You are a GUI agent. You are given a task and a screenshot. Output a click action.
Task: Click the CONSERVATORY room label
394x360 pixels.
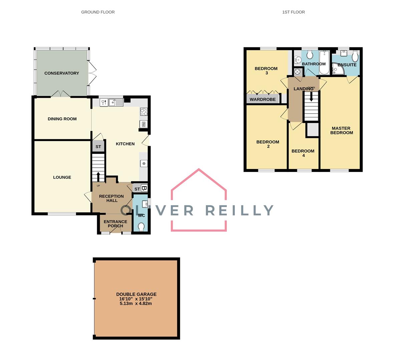(62, 73)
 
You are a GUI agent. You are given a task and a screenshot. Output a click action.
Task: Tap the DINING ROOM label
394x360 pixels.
(62, 119)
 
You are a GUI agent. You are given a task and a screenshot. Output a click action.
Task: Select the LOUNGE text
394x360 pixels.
(62, 177)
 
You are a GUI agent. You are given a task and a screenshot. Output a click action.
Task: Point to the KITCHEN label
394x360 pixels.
(125, 144)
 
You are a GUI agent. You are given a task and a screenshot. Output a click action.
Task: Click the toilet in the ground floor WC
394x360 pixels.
(141, 227)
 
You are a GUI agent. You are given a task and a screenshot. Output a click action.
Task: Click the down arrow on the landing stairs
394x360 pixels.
(311, 97)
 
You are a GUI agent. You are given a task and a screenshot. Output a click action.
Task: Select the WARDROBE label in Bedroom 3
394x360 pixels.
(263, 99)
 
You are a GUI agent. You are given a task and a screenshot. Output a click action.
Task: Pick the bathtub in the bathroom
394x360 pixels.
(324, 63)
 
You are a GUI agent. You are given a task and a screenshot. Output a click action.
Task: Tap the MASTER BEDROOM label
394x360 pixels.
(341, 130)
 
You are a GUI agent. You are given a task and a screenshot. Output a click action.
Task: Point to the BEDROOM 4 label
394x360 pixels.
(303, 153)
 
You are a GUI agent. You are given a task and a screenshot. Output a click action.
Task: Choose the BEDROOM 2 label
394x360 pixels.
(268, 144)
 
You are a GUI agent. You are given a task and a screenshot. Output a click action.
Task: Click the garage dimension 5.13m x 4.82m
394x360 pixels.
(136, 304)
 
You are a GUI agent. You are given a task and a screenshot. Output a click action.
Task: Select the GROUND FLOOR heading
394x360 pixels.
(98, 12)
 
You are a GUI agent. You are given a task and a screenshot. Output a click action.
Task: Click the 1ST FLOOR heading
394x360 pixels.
(293, 12)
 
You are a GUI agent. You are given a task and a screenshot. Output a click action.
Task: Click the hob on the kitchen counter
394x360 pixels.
(144, 112)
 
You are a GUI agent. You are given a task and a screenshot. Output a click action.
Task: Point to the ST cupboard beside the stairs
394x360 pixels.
(98, 147)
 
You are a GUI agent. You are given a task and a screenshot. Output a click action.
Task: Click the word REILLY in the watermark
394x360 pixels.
(239, 210)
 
